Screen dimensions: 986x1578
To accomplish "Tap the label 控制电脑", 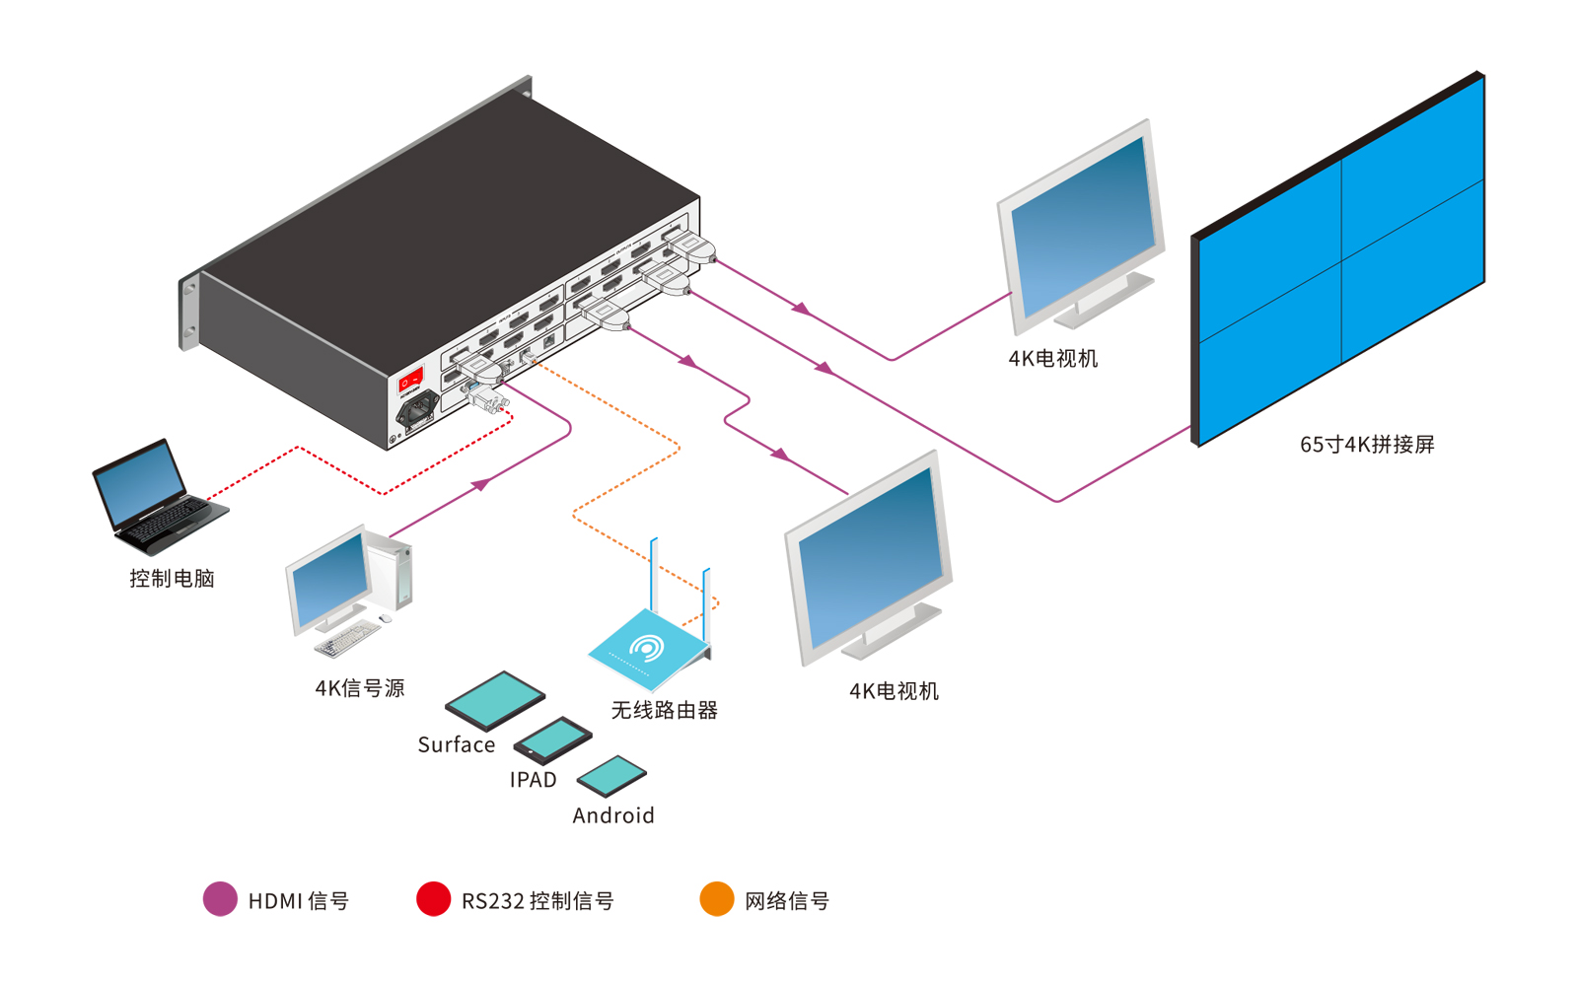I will pos(172,579).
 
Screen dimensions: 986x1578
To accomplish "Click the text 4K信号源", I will pos(360,688).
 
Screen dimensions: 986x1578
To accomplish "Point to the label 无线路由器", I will pos(664,710).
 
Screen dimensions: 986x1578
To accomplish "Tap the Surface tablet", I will pos(494,699).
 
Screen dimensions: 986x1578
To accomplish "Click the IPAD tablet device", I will pos(552,739).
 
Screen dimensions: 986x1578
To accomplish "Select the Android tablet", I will pos(611,776).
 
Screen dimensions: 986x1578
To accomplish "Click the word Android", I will pos(612,815).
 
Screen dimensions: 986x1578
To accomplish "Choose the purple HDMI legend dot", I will pos(220,899).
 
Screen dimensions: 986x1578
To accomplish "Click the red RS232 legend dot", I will pos(433,899).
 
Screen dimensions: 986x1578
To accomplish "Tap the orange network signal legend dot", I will pos(717,899).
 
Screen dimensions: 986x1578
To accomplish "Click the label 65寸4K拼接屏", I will pos(1366,445).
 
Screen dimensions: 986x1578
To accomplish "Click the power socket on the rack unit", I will pos(417,408).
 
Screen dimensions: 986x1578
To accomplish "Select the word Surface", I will pos(456,745).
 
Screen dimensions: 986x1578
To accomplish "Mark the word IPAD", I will pos(533,780).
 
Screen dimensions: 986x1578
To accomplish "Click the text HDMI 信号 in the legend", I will pos(298,901).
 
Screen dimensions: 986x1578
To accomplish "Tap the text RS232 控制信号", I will pos(537,901).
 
